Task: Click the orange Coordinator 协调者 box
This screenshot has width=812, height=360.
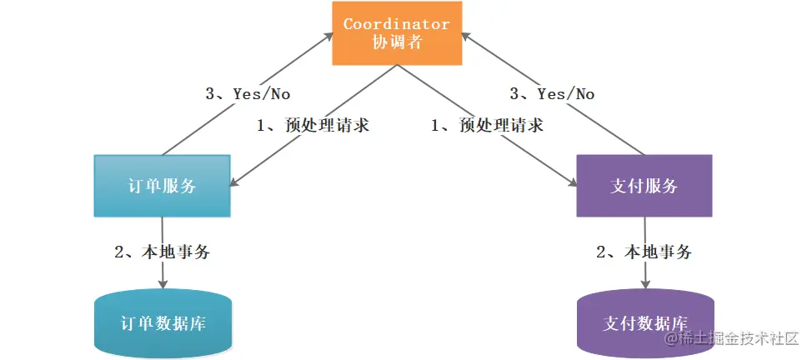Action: (x=397, y=33)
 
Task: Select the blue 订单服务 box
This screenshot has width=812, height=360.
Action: (x=163, y=186)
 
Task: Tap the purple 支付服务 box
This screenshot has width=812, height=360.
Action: (x=644, y=186)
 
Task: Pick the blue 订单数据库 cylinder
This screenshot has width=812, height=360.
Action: (x=163, y=323)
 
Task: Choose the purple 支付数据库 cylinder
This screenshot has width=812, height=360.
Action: (x=644, y=323)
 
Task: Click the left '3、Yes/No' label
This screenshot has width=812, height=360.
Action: (x=248, y=94)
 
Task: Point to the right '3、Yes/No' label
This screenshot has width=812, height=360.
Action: (x=554, y=94)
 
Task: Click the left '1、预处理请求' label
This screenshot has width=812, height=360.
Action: (x=313, y=126)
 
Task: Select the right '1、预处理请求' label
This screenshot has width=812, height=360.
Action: (x=487, y=126)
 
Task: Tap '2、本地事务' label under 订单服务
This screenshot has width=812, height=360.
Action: (x=162, y=252)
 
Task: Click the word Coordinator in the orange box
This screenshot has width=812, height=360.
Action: (x=397, y=24)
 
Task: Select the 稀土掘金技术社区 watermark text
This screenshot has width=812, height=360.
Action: (x=731, y=340)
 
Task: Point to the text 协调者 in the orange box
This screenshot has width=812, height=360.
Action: (x=397, y=42)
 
